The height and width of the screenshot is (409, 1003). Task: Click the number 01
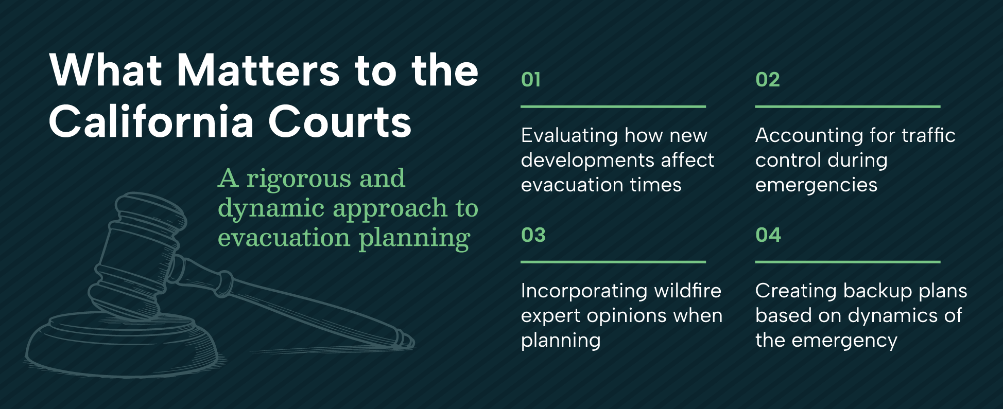coord(531,80)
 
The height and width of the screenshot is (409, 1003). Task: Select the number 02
coord(768,80)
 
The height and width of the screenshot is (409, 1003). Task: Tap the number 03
coord(533,235)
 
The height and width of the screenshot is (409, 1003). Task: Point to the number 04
coord(768,235)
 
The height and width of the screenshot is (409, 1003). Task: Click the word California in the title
coord(151,121)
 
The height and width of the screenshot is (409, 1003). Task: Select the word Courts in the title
coord(340,121)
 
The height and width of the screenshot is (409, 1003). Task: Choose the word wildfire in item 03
coord(688,290)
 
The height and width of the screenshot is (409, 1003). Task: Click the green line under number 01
coord(613,106)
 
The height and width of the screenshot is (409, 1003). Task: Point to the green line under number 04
coord(848,262)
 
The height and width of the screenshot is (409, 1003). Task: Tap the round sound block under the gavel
coord(124,345)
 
